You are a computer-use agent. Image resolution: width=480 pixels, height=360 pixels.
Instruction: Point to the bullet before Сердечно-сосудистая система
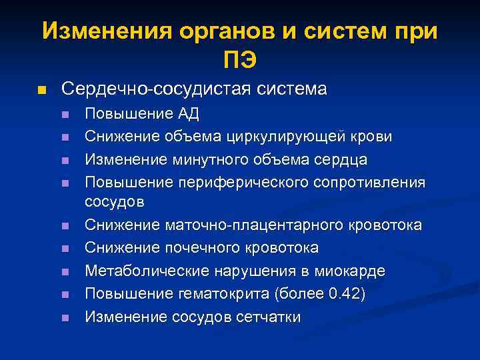click(41, 90)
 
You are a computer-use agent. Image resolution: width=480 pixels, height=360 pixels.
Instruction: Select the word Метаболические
click(141, 271)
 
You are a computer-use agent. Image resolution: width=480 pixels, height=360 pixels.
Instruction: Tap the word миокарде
click(351, 271)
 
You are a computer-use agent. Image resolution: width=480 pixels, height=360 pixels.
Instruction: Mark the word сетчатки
click(268, 317)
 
